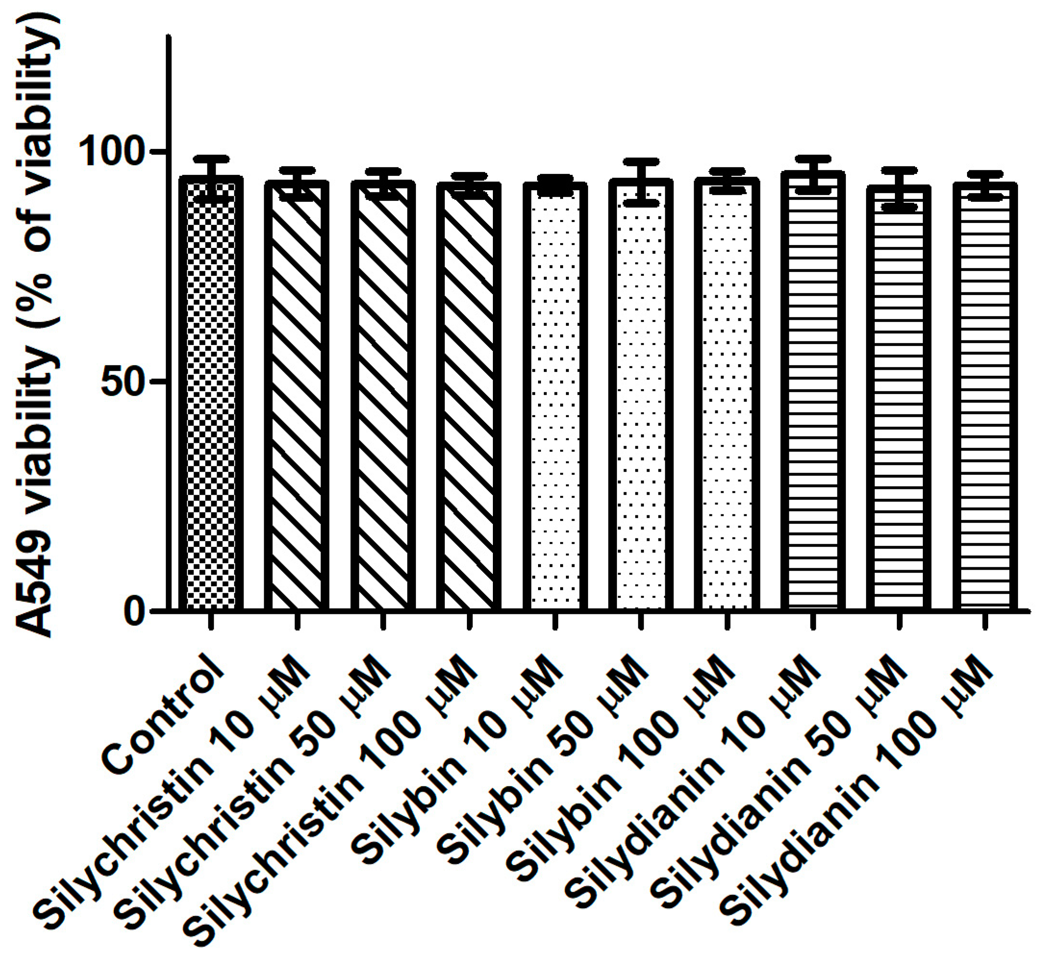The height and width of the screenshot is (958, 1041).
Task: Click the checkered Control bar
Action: point(210,394)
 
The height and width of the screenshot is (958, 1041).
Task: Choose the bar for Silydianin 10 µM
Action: point(812,394)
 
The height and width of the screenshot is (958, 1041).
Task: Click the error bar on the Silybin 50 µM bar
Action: point(640,181)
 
